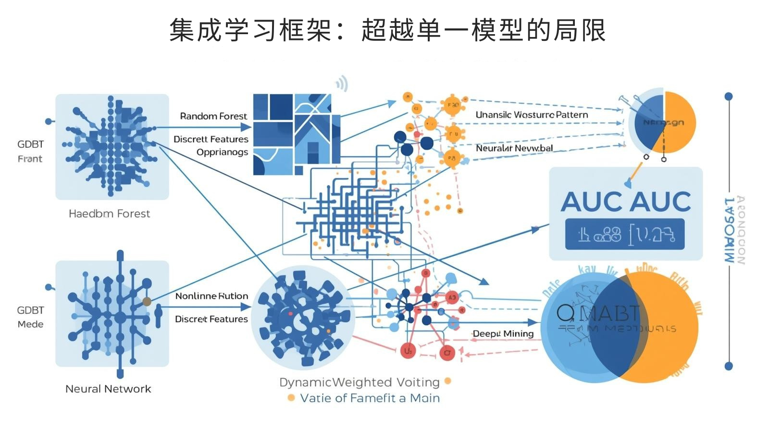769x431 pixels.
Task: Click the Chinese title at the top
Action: pos(387,30)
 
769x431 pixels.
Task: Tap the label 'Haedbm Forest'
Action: pos(109,214)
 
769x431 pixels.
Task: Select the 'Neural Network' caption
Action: pos(108,389)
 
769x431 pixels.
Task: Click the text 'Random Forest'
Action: pos(213,116)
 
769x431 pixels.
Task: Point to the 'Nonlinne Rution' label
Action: pos(211,296)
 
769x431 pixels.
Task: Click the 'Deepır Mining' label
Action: pos(503,333)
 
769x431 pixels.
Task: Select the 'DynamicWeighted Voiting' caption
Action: pos(359,382)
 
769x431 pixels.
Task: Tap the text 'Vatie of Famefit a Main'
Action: pos(370,398)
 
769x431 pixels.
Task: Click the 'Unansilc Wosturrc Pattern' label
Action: pos(532,114)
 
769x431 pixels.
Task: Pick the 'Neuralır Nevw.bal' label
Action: pos(514,148)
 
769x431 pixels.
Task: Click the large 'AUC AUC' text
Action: pos(626,201)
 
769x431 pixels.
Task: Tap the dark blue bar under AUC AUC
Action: pos(625,234)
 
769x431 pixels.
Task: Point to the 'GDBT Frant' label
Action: pos(30,151)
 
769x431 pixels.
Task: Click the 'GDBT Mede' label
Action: pos(30,317)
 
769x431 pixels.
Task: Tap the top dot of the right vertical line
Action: pos(729,96)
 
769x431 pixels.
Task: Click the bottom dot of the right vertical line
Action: pos(729,366)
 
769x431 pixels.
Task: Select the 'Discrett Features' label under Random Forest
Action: pos(211,139)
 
